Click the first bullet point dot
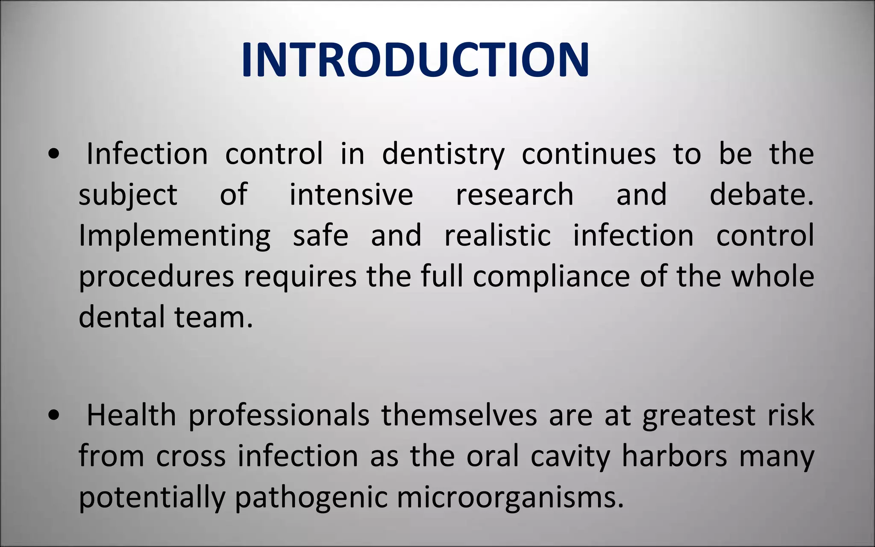54,155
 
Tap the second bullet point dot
54,416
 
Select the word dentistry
443,155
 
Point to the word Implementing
174,236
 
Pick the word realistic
497,236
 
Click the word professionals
279,416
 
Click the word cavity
570,457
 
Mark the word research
514,195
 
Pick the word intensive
351,195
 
